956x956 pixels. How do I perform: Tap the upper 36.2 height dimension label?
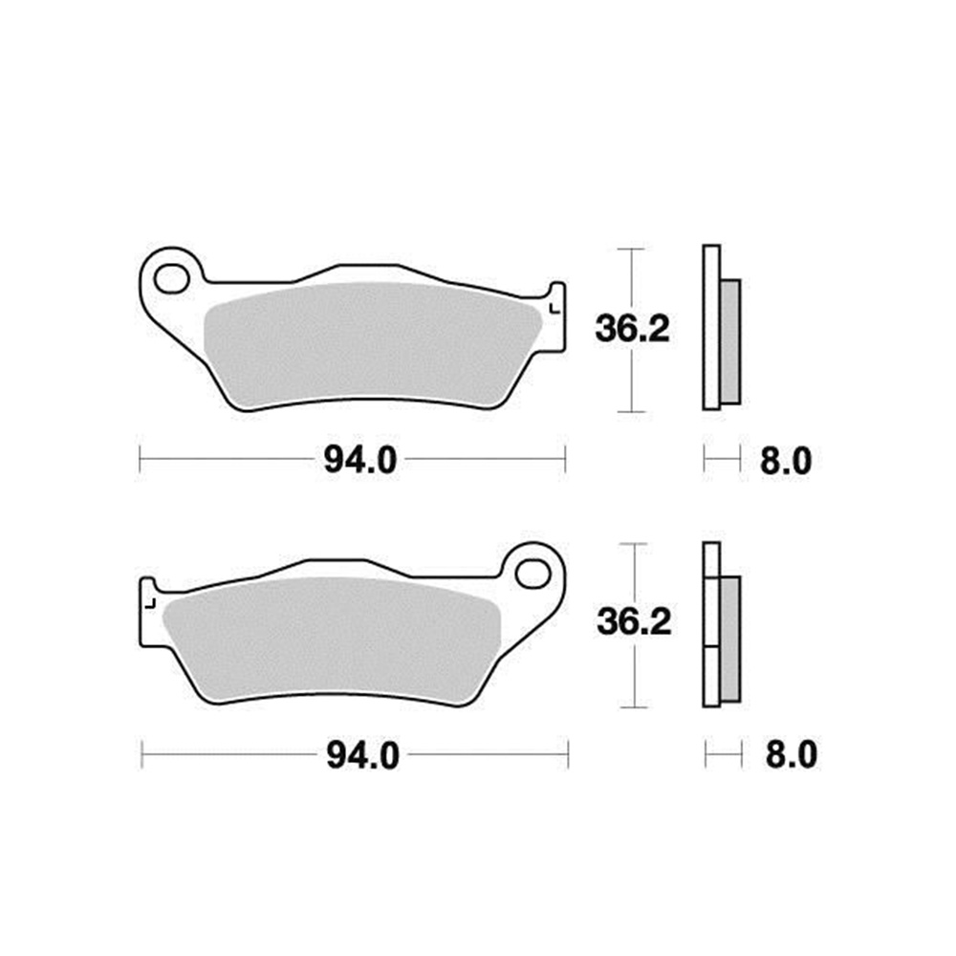633,330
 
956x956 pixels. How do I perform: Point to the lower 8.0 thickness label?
791,756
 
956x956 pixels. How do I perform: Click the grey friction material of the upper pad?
373,344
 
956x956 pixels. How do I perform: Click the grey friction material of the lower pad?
335,641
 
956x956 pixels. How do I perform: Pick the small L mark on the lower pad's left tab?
151,603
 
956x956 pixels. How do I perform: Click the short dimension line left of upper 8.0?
722,460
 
